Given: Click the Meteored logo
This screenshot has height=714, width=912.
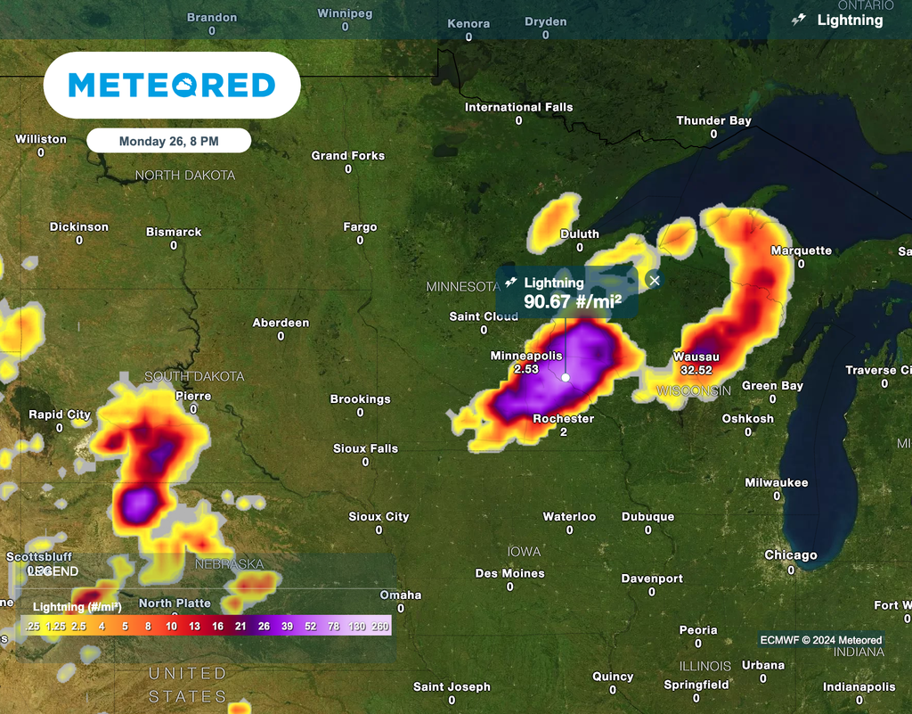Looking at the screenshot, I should point(172,86).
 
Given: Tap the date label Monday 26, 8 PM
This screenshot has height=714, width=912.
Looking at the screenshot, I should point(168,141).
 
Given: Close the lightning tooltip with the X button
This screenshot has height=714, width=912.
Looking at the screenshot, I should point(655,280).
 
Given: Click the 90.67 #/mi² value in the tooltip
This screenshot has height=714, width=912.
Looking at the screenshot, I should point(572,302).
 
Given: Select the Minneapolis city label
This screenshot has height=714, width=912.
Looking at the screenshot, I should point(526,356).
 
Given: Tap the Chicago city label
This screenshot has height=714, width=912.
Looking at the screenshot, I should point(790,555).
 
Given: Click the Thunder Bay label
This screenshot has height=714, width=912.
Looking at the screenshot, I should point(713,120).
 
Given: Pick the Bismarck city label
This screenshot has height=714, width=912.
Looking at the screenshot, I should point(174,232).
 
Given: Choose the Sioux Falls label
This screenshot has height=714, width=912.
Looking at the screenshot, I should point(365,448).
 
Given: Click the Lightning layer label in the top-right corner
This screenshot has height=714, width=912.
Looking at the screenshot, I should point(850,20).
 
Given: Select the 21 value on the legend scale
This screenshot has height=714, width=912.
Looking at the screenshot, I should point(240,627).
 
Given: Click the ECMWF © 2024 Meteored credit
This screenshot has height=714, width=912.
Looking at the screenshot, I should point(820,639).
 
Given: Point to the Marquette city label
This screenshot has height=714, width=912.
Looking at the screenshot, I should point(801,250).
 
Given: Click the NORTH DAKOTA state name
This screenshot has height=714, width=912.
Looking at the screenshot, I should point(185,176).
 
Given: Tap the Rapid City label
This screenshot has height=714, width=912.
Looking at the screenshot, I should point(60,414).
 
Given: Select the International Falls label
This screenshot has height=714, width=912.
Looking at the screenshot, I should point(518,107).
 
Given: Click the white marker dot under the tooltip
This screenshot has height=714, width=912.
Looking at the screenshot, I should point(566,377).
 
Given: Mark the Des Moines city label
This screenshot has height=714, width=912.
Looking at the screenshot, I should point(509,573).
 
